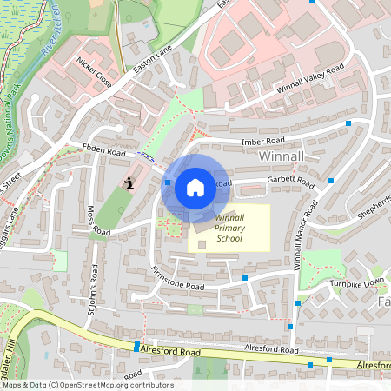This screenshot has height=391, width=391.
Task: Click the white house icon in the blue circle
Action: pyautogui.click(x=195, y=187)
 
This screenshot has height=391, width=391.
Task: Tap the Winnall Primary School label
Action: pyautogui.click(x=230, y=228)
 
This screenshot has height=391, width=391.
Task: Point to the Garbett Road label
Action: pyautogui.click(x=292, y=182)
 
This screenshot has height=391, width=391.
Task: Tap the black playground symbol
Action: pyautogui.click(x=129, y=182)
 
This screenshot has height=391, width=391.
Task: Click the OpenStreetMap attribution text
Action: pyautogui.click(x=87, y=385)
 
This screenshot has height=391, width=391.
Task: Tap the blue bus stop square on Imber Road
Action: pyautogui.click(x=348, y=124)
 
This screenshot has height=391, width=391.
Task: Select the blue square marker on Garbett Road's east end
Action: pyautogui.click(x=331, y=181)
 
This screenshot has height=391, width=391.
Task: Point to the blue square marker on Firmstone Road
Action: pyautogui.click(x=245, y=278)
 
